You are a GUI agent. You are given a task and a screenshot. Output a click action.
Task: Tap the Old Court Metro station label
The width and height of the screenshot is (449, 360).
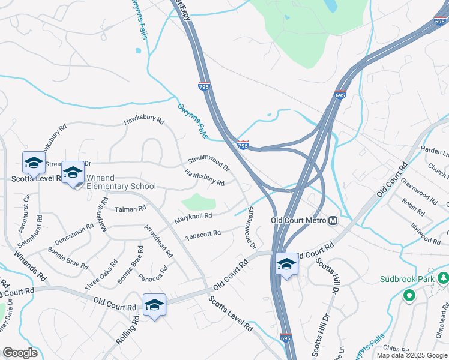coord(298,220)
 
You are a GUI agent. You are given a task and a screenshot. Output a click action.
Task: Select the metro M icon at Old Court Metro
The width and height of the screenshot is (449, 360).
coord(333,220)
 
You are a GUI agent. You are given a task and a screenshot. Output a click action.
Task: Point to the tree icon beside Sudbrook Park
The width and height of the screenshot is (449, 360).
coord(443,278)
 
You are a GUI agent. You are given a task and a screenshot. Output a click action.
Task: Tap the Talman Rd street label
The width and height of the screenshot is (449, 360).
coord(130,209)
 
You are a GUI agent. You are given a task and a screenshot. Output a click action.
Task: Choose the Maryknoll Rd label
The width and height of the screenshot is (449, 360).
coord(193,216)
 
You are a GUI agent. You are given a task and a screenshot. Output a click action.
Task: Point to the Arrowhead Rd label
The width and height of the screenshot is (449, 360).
coord(158,241)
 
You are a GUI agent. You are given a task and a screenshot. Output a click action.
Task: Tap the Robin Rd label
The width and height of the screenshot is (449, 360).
coord(413,208)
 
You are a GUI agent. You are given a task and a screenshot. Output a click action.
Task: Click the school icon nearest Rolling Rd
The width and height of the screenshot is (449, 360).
coord(154,305)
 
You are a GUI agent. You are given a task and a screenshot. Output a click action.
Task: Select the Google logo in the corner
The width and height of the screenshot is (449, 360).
coord(20,353)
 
